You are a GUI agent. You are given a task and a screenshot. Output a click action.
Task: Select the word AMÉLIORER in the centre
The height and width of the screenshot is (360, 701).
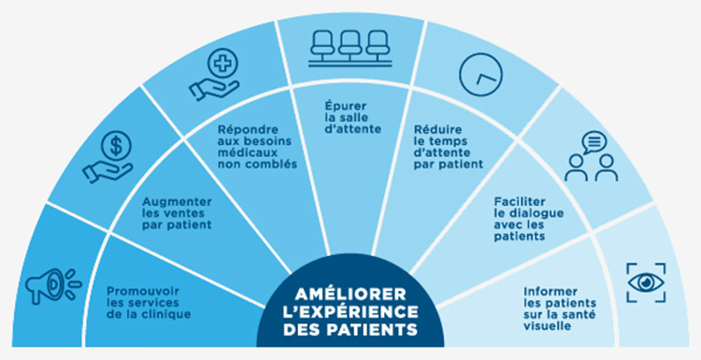click(x=350, y=292)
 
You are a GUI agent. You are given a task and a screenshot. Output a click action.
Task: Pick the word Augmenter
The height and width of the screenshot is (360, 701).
click(x=174, y=201)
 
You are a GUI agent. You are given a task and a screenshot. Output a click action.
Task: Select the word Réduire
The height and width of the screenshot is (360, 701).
click(x=437, y=130)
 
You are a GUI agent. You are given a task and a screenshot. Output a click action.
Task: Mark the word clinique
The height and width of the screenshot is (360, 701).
click(x=169, y=314)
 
